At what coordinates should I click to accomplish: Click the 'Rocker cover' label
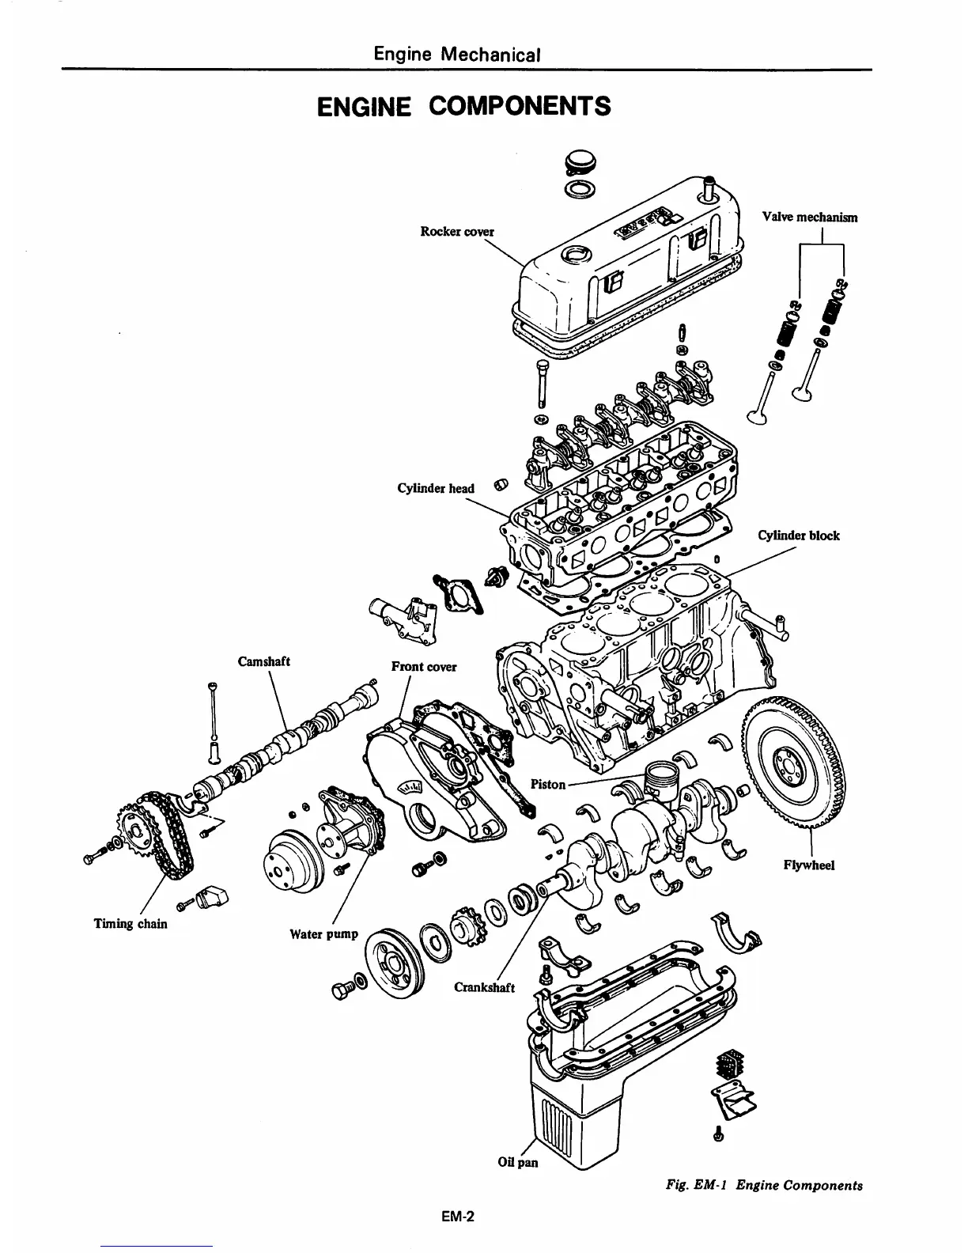coord(456,231)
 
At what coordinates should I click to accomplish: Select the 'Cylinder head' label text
coord(436,488)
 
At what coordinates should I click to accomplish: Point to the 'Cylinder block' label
coord(798,536)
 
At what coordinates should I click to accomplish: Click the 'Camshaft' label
coord(264,661)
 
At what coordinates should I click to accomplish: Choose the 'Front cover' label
coord(424,666)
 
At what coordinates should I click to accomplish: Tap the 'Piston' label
coord(548,784)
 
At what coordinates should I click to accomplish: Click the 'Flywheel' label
coord(809,865)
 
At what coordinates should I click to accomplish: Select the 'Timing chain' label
coord(130,923)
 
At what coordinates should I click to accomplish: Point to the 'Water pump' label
coord(324,933)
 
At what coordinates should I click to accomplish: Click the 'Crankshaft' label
coord(484,987)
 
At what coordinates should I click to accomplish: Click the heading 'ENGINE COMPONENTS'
coord(464,105)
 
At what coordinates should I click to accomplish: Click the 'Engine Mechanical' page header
coord(458,55)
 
